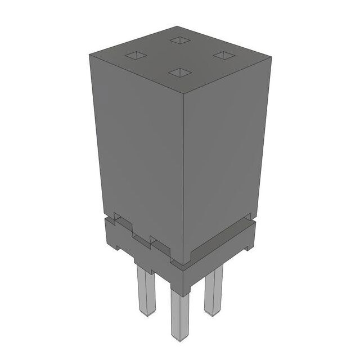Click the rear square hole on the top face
180,40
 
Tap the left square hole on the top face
136,56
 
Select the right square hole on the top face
224,56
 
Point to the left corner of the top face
90,55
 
